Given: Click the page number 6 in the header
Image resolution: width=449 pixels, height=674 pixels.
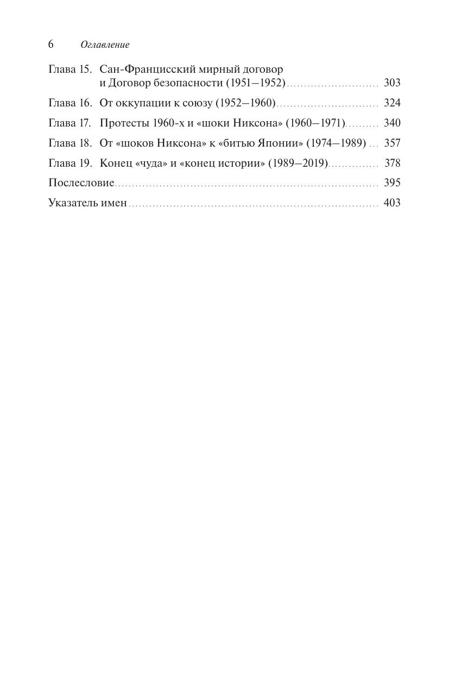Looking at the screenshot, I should coord(51,45).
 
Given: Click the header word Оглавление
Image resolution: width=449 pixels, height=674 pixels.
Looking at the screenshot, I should coord(105,45).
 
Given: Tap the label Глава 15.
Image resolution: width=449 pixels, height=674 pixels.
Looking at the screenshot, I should coord(70,70).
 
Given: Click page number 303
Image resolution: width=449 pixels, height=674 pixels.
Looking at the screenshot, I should coord(392,83).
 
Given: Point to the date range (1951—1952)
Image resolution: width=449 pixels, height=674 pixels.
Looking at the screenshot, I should coord(255,83).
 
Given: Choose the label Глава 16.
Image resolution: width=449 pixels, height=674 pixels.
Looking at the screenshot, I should coord(70,103).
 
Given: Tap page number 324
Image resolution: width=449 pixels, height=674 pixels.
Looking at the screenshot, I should coord(392,103).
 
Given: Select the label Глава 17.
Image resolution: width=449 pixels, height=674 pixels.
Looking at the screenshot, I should coord(69,123).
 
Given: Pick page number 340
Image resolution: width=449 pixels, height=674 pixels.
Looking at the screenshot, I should coord(392,123).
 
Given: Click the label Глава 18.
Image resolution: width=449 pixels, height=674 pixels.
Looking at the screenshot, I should coord(70,143).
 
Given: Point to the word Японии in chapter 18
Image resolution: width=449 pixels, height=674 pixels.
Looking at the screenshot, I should coord(276,143).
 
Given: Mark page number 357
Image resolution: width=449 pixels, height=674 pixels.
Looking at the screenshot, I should coord(392,143).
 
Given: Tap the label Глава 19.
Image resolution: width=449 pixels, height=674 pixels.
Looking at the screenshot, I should coord(70,163).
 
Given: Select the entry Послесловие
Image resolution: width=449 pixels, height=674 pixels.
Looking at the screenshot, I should coord(81,182).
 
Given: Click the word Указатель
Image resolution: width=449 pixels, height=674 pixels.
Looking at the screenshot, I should coord(73,203).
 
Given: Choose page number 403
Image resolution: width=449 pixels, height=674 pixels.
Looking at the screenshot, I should coord(392,203).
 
